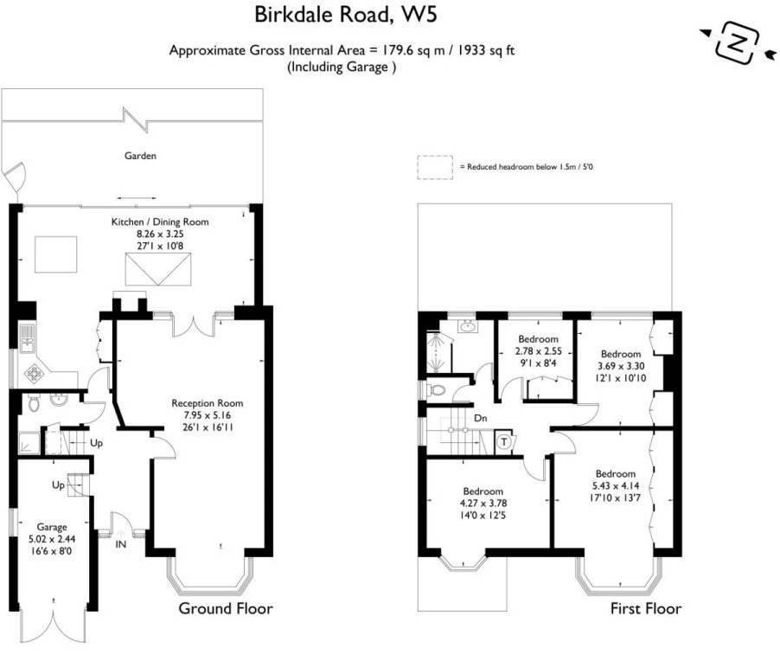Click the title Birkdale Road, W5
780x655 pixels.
point(346,15)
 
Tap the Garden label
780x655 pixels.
point(140,156)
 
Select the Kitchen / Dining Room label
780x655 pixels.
point(160,222)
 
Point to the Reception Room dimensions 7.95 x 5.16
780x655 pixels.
point(208,415)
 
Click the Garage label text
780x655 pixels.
point(52,527)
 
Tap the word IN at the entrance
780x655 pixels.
point(121,544)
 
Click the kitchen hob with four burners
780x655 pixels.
point(34,373)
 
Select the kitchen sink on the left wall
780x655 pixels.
point(28,338)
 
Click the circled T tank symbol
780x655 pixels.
point(504,441)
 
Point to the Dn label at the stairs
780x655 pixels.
point(481,418)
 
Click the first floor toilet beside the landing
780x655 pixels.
point(436,389)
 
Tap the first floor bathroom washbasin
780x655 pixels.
point(467,327)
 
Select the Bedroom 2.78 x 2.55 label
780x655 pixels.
point(538,351)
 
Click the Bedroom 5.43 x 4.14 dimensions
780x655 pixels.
point(616,485)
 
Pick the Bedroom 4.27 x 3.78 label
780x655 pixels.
point(483,504)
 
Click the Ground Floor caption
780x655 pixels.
point(226,609)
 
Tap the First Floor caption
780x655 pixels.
point(646,609)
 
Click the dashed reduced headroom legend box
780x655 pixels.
point(435,167)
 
